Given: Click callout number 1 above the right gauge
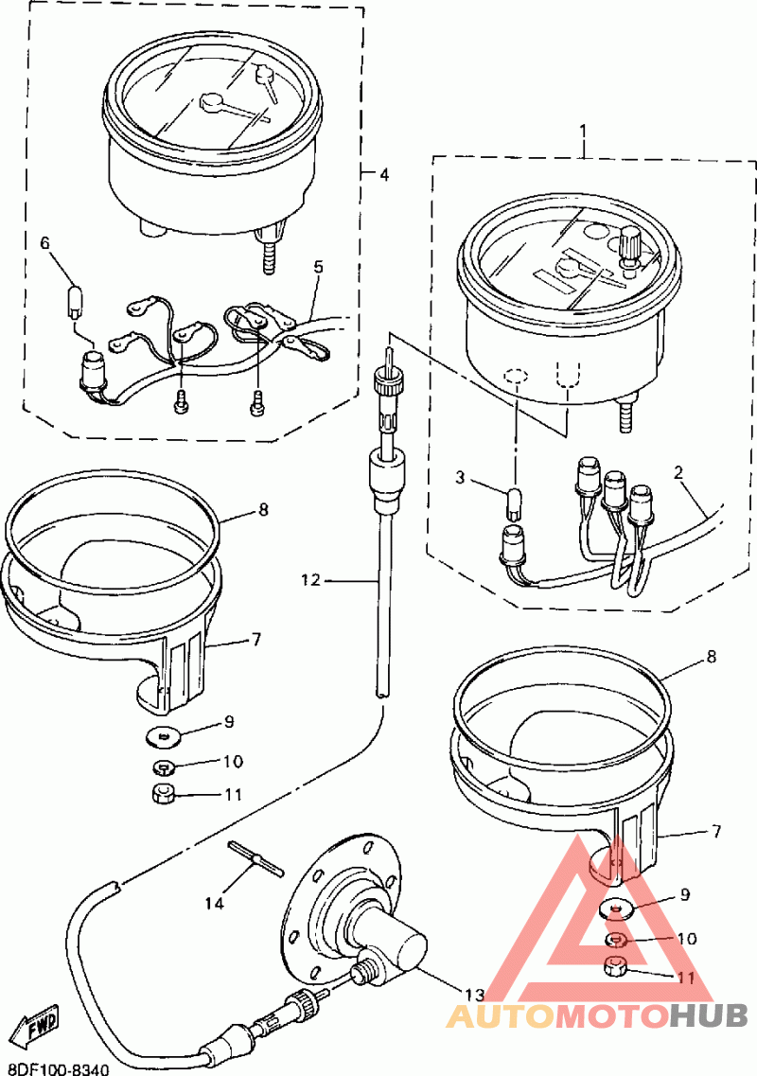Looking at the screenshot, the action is (583, 129).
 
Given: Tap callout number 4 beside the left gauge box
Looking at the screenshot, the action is (382, 174).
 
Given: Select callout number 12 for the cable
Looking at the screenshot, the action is (313, 579).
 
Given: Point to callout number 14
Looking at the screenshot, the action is (215, 903).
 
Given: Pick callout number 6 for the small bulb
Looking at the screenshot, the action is (44, 243).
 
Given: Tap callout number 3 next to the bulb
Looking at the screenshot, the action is (460, 477).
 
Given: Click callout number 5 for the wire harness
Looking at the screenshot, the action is (318, 267).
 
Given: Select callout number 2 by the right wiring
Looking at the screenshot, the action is (678, 470).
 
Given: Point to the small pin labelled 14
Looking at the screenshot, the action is (255, 858).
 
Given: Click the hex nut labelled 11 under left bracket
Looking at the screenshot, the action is (163, 793).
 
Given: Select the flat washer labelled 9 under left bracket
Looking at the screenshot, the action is (165, 733).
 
